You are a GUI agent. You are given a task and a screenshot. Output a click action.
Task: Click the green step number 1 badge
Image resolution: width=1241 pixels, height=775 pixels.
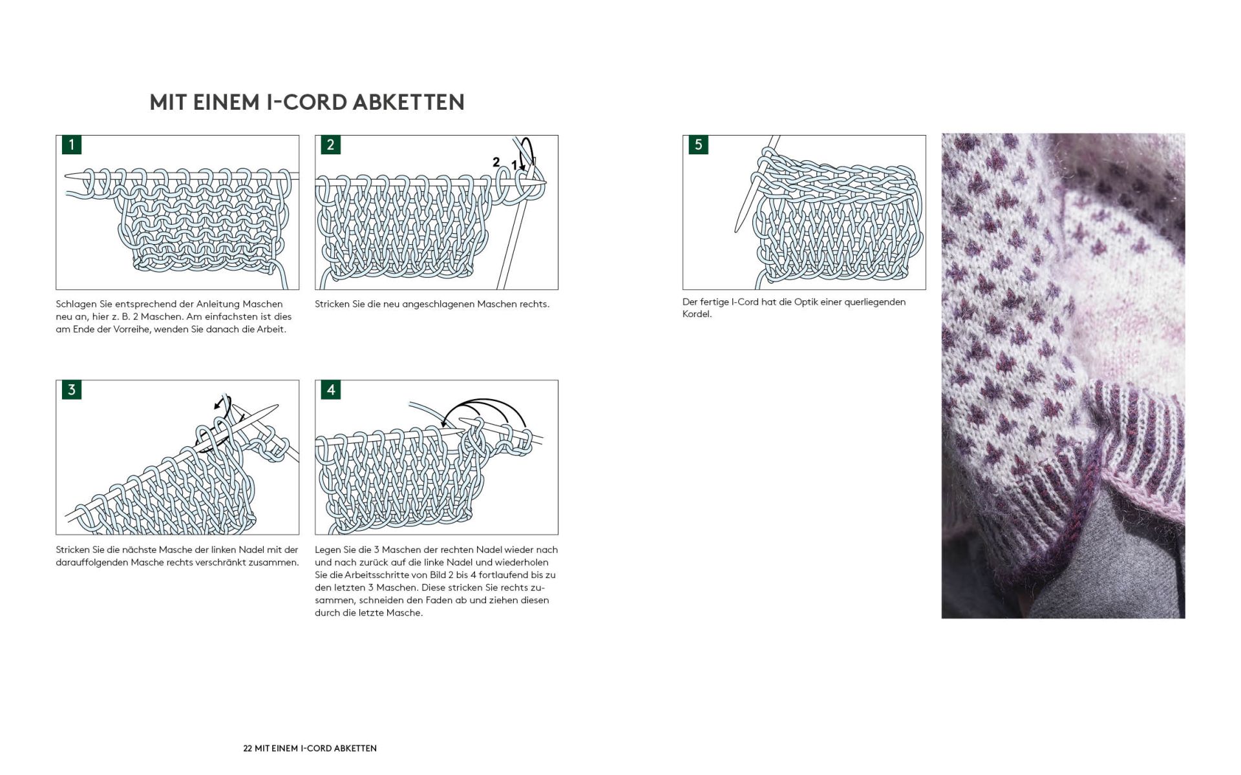click(72, 145)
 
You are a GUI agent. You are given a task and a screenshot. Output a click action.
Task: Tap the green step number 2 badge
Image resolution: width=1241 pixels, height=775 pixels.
click(330, 145)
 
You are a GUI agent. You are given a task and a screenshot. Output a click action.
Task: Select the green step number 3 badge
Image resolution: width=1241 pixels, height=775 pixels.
click(72, 389)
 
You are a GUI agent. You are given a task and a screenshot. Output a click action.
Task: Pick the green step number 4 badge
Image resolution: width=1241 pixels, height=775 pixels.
click(330, 389)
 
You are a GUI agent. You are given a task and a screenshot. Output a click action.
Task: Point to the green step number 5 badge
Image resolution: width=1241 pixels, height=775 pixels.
click(698, 145)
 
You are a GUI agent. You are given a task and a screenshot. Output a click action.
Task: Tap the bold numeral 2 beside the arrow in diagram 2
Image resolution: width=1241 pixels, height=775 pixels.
click(496, 161)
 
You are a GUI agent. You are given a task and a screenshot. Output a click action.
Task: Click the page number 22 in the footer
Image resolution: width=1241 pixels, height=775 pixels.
click(248, 749)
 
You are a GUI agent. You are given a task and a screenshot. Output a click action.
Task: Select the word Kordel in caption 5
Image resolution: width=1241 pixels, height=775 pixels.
click(696, 315)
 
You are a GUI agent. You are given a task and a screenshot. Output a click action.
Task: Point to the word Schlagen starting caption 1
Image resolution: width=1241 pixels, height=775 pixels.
click(77, 304)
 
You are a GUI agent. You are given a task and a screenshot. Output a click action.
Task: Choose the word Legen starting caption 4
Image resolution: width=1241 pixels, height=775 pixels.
click(327, 550)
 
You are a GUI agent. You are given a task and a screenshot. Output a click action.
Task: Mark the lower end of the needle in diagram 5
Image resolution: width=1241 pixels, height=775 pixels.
click(737, 229)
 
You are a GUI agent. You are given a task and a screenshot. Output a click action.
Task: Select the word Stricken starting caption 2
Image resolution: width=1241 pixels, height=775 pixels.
click(332, 304)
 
